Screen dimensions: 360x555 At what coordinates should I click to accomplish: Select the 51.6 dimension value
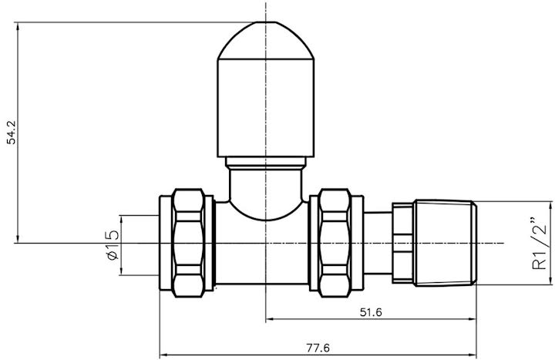pyautogui.click(x=370, y=312)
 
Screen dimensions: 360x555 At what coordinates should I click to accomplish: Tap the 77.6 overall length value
pyautogui.click(x=318, y=348)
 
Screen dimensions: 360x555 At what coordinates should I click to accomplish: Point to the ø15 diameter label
pyautogui.click(x=112, y=244)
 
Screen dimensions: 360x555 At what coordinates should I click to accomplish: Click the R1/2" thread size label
pyautogui.click(x=539, y=244)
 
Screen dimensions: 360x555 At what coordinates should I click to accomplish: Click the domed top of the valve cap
pyautogui.click(x=265, y=42)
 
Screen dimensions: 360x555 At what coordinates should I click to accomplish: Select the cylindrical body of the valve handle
pyautogui.click(x=265, y=108)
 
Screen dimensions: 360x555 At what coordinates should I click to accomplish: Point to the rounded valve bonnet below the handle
pyautogui.click(x=265, y=193)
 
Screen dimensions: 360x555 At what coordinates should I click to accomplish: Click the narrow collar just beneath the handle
pyautogui.click(x=265, y=163)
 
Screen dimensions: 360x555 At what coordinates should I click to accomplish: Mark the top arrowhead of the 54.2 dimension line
pyautogui.click(x=17, y=25)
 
